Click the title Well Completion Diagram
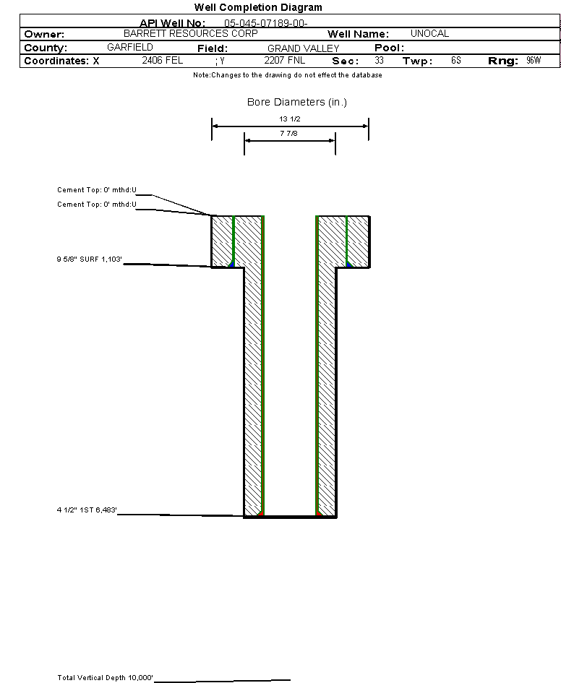pyautogui.click(x=258, y=7)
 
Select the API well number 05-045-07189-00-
pyautogui.click(x=266, y=23)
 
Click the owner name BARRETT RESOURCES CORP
pyautogui.click(x=191, y=33)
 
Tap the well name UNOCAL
pyautogui.click(x=429, y=33)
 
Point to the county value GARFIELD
pyautogui.click(x=130, y=47)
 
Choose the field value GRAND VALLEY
pyautogui.click(x=303, y=48)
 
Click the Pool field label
pyautogui.click(x=389, y=48)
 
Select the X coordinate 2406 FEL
pyautogui.click(x=163, y=60)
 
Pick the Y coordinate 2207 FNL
pyautogui.click(x=284, y=60)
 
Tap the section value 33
pyautogui.click(x=379, y=60)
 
